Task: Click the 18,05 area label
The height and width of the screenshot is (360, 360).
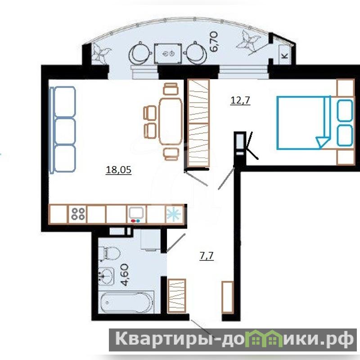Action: click(119, 170)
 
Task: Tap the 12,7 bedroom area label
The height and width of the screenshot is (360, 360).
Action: click(240, 100)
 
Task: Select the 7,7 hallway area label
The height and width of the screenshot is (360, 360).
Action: click(207, 256)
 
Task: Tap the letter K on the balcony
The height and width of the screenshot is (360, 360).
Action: click(285, 56)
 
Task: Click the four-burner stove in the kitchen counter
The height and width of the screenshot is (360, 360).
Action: click(78, 214)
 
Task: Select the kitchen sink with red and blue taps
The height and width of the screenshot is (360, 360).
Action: click(136, 215)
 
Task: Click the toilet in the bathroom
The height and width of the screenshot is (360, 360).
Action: click(109, 253)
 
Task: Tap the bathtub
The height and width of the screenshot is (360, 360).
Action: click(127, 302)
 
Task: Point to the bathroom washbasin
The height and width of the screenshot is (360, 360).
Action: click(106, 276)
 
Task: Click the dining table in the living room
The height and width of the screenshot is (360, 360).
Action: click(171, 121)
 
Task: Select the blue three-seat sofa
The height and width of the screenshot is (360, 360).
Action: click(63, 129)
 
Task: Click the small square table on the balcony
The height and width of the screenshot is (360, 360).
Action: click(168, 54)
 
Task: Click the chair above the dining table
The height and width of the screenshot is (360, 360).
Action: click(171, 89)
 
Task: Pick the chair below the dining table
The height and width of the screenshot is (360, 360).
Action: click(171, 153)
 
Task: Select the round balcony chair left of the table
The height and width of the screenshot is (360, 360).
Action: click(139, 54)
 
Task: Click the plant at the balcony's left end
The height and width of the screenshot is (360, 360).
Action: click(100, 54)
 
